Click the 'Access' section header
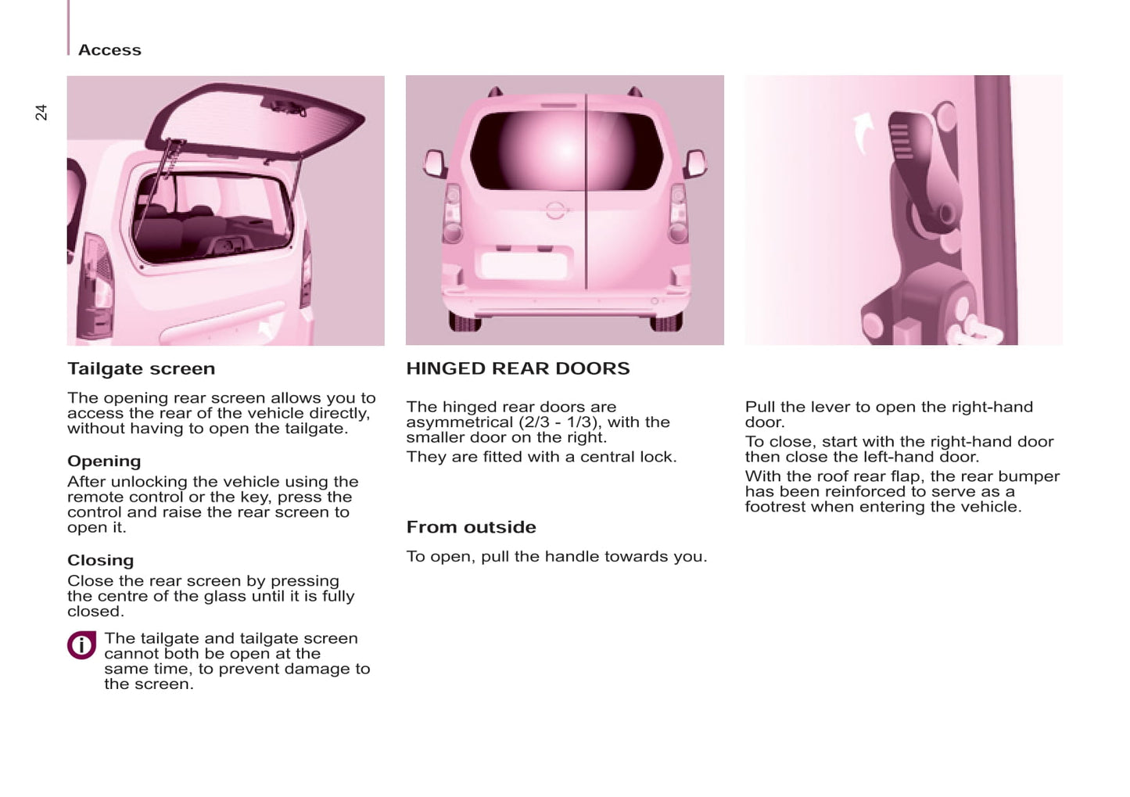109,50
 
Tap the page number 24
41,112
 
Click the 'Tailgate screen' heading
141,368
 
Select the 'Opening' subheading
104,461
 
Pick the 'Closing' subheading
100,560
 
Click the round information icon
81,645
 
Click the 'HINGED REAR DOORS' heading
518,368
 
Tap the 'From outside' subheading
471,527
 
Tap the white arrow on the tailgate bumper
267,327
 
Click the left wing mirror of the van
434,163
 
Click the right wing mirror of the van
694,163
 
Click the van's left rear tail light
452,213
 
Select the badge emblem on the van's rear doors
555,210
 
